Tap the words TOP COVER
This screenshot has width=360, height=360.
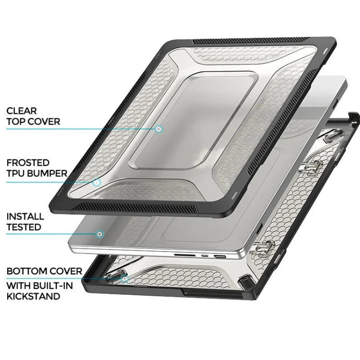pos(33,121)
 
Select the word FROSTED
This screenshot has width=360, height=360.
pos(27,162)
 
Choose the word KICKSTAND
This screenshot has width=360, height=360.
pos(33,297)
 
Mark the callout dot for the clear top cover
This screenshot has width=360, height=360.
pos(158,129)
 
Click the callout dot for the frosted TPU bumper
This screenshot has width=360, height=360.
pos(97,183)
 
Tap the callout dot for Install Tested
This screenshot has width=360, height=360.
pos(99,234)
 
